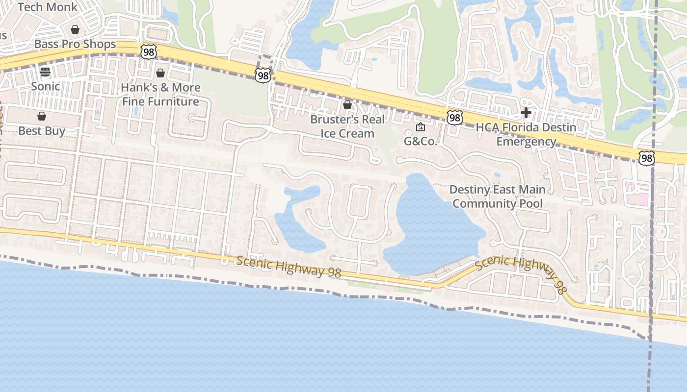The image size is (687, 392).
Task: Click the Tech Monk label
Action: coord(47,7)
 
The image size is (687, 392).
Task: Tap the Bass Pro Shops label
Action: coord(75,44)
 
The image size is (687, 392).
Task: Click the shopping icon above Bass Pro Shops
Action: coord(75,30)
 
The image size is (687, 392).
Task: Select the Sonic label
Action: coord(45,86)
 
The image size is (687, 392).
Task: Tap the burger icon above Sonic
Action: coord(45,72)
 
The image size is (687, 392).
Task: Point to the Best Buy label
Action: coord(42,131)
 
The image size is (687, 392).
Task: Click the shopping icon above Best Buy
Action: coord(42,116)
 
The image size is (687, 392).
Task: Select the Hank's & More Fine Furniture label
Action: coord(160,95)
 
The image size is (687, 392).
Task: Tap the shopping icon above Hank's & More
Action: coord(160,73)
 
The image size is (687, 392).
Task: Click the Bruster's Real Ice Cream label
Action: coord(347,126)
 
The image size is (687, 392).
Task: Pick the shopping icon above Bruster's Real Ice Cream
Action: coord(347,105)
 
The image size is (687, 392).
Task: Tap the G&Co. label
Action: coord(421,142)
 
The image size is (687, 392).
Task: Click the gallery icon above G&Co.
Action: coord(421,127)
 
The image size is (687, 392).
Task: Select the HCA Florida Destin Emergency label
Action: coord(526,134)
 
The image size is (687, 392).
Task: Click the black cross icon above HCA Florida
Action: coord(526,113)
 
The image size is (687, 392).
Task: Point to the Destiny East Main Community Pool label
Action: coord(497,196)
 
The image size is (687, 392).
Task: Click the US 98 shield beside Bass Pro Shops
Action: coord(148,51)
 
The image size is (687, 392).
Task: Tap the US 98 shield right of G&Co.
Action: coord(454,117)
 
